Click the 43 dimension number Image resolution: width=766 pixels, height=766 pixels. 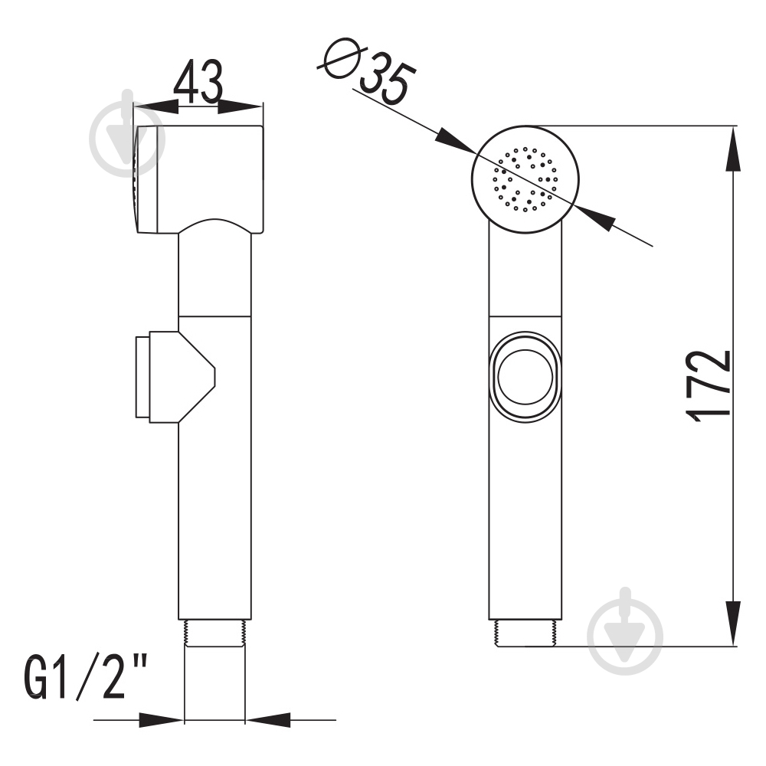click(198, 82)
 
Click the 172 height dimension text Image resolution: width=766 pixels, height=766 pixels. click(709, 386)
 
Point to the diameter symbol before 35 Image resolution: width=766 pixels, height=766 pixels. click(342, 57)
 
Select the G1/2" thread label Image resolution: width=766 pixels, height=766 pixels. click(86, 678)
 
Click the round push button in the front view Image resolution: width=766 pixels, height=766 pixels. click(525, 377)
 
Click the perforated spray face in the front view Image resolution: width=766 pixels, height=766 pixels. click(525, 179)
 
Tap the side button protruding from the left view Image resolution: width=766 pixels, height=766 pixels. click(175, 377)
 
